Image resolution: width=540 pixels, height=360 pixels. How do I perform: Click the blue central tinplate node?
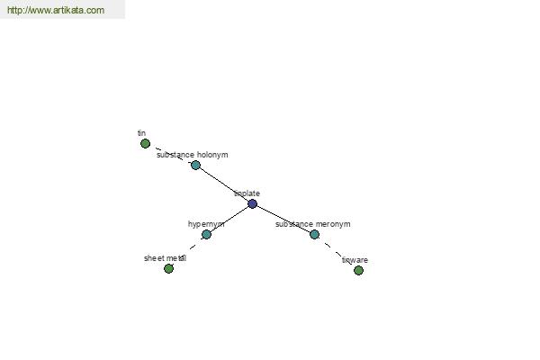(252, 203)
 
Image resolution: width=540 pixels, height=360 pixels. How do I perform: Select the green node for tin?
(145, 143)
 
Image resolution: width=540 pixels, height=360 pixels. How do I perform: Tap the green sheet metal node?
(169, 268)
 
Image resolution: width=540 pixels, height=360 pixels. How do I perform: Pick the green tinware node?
(358, 270)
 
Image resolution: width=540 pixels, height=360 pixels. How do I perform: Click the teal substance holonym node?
(195, 165)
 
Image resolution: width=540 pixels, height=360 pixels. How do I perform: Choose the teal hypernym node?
(206, 234)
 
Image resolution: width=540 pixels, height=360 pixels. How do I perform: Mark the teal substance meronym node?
(314, 234)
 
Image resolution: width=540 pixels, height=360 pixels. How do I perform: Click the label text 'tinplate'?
(247, 193)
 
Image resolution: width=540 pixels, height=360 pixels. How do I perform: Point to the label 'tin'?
(141, 133)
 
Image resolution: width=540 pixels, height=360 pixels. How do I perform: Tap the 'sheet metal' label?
(165, 258)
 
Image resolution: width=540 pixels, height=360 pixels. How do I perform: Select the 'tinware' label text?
(355, 260)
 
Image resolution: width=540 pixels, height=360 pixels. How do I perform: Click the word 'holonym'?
(212, 155)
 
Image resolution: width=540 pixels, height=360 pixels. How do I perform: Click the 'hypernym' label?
(206, 224)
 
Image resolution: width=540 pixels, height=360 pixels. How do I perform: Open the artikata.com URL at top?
(56, 10)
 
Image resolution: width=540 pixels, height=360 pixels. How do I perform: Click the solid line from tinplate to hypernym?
(229, 219)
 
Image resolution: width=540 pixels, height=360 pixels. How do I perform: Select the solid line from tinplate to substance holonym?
(224, 184)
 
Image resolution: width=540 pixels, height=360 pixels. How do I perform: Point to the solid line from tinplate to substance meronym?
(283, 219)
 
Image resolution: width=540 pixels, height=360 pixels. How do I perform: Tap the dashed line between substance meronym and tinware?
(337, 252)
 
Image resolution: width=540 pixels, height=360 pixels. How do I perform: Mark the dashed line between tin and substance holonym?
(170, 154)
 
